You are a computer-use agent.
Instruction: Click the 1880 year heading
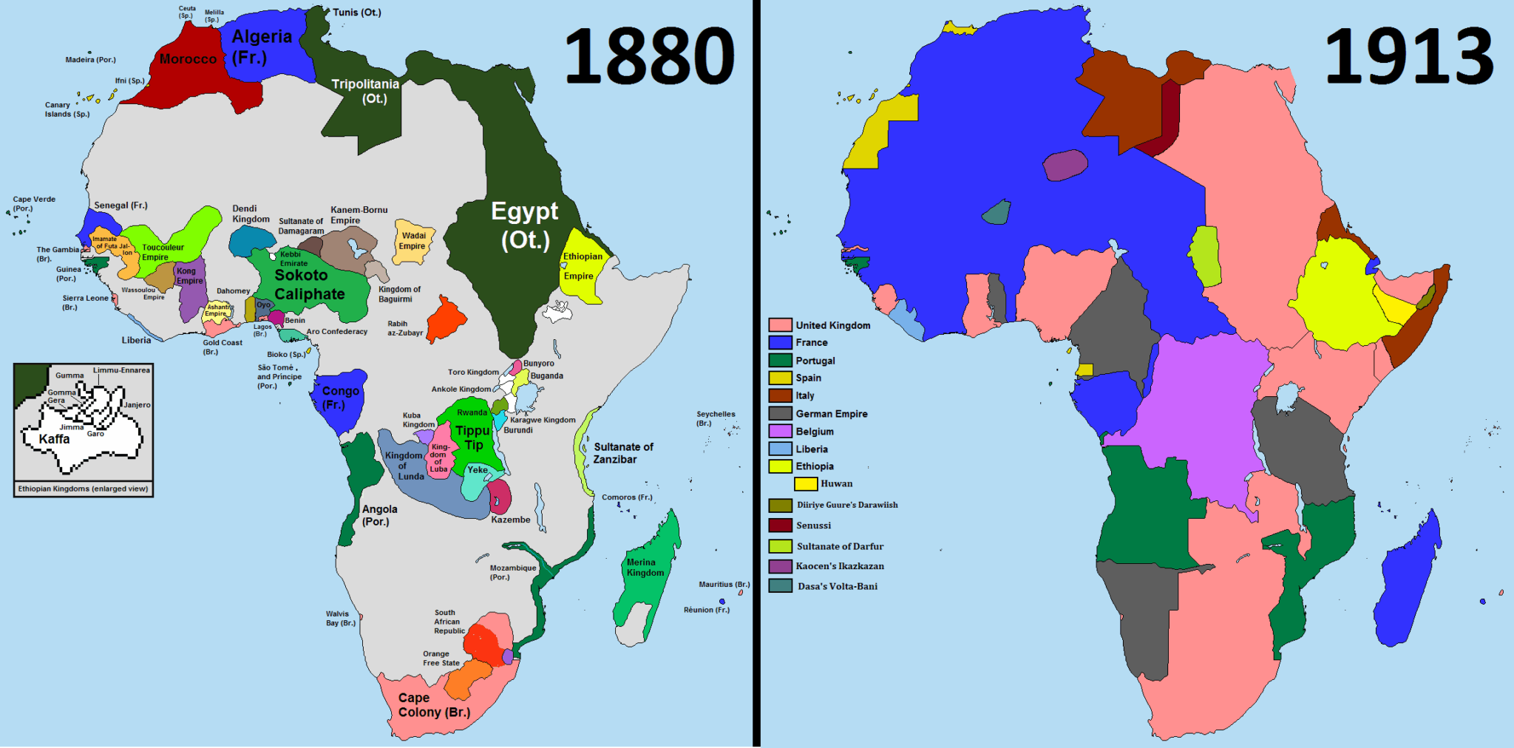(649, 56)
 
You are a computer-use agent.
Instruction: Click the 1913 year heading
(1408, 56)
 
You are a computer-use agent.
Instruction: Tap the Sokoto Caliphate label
(309, 285)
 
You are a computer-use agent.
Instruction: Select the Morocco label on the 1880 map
(188, 59)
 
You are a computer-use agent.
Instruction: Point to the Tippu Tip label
(472, 437)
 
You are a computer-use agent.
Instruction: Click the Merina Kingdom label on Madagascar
(645, 567)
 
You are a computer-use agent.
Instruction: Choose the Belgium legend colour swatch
(780, 431)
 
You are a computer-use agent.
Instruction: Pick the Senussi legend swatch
(780, 526)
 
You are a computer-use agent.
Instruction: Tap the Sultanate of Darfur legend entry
(840, 546)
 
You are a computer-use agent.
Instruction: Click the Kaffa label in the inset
(54, 439)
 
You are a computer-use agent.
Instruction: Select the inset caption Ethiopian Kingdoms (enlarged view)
(83, 489)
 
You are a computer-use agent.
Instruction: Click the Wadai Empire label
(413, 241)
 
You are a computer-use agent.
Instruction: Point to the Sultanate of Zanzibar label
(622, 452)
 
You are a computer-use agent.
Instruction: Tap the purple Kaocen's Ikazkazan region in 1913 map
(1065, 165)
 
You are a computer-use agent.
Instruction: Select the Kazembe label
(510, 520)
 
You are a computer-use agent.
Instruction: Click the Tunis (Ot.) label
(356, 13)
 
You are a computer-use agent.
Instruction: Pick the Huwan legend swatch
(805, 484)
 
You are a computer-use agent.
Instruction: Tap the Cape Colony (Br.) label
(433, 705)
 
